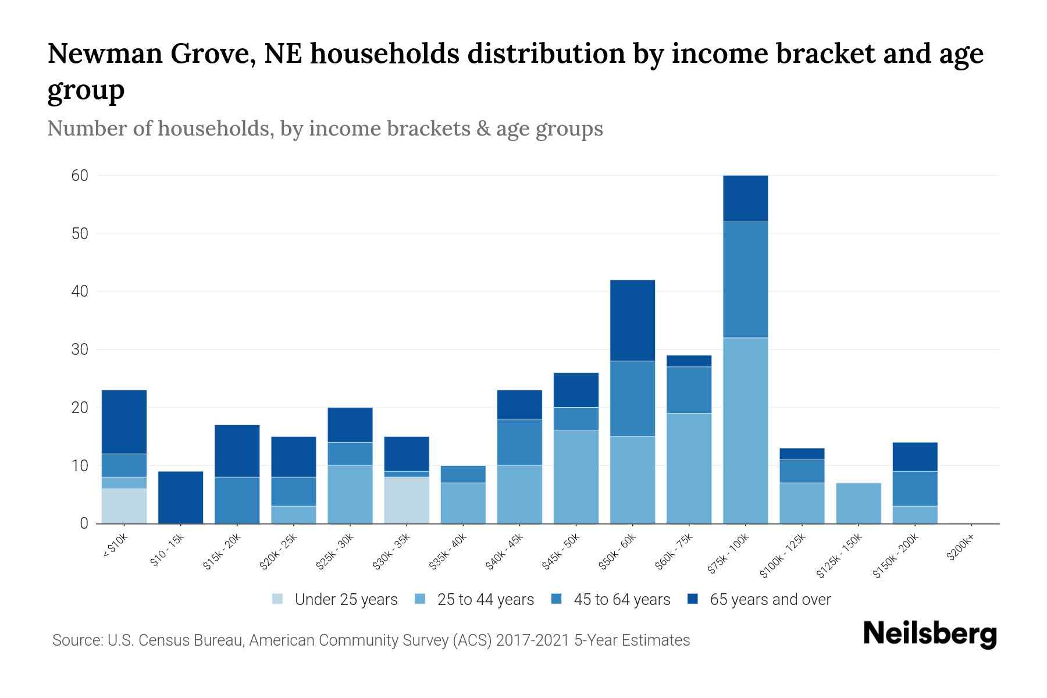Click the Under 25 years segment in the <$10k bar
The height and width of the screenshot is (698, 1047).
point(124,505)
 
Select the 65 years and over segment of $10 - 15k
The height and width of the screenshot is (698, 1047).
point(180,497)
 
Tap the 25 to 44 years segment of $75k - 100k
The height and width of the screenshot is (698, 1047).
point(745,430)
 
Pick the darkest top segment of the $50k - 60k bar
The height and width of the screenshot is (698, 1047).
point(632,320)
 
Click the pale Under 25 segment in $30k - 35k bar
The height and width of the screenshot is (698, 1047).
point(407,500)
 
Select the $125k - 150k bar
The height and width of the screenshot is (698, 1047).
point(858,503)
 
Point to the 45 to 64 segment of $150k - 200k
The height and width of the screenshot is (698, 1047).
point(914,489)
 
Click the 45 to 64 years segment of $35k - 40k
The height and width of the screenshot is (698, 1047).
point(463,474)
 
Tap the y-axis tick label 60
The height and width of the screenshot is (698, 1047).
point(80,176)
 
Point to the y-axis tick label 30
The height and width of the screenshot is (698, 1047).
point(80,350)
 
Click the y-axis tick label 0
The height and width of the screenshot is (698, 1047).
point(84,523)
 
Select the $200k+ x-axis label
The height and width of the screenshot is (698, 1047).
point(960,549)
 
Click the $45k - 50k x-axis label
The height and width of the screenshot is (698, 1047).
point(561,552)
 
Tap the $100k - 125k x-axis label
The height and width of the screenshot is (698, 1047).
point(783,555)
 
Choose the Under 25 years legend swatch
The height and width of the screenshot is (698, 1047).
point(278,599)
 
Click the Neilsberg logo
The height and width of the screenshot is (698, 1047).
point(930,634)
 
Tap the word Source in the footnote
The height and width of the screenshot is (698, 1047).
point(77,640)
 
